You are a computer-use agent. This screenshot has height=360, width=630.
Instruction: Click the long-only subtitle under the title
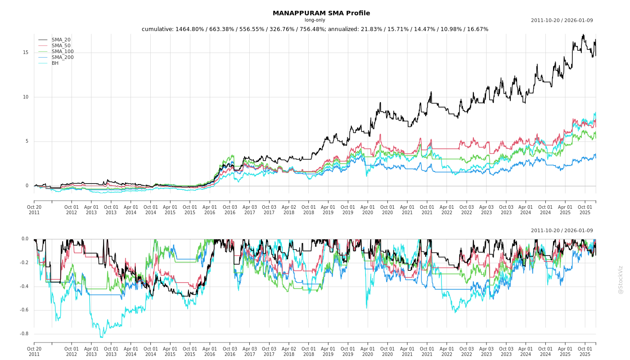[315, 20]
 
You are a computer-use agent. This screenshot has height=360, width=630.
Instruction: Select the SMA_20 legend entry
[61, 40]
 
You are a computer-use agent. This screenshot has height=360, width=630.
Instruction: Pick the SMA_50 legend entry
[61, 46]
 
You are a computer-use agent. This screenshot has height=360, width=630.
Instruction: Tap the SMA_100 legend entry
[63, 52]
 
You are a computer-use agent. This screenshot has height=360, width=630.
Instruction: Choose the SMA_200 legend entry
[63, 58]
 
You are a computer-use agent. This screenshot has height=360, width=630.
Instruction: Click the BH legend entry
[55, 63]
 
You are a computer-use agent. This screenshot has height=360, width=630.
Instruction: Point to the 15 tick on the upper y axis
[26, 53]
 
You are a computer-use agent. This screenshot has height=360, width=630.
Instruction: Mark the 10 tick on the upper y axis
[26, 97]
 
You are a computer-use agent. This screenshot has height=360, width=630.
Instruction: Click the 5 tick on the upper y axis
[27, 141]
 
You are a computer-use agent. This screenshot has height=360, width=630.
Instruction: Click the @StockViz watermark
[621, 279]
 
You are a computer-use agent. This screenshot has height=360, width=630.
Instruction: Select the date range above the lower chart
[562, 231]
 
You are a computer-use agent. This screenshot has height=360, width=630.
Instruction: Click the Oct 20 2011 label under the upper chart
[34, 210]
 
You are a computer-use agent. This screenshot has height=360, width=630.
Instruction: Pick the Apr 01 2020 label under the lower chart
[368, 351]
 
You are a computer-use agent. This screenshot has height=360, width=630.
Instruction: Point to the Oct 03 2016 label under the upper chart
[230, 210]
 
